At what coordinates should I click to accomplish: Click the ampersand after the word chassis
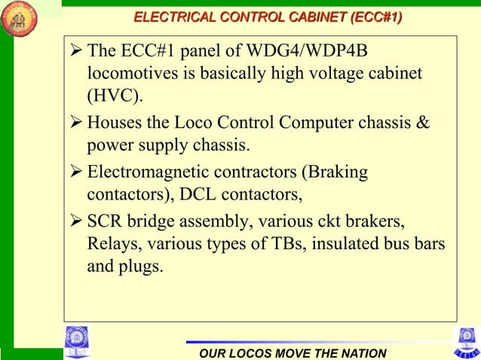(x=422, y=122)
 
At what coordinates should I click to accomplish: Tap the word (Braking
(x=335, y=173)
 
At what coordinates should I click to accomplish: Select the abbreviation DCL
(x=195, y=195)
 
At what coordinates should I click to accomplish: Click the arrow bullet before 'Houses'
(x=75, y=122)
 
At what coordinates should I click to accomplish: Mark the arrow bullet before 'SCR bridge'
(x=75, y=224)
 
